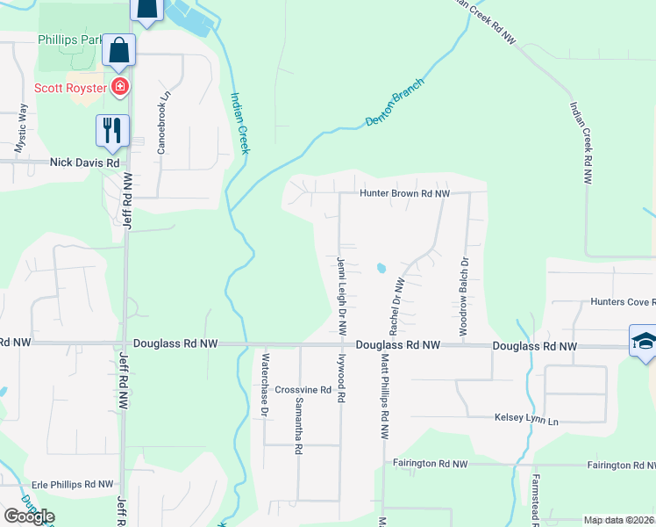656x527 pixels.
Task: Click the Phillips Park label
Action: pyautogui.click(x=68, y=40)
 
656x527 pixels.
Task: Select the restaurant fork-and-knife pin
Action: pyautogui.click(x=112, y=130)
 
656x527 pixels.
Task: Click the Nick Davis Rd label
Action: pyautogui.click(x=84, y=162)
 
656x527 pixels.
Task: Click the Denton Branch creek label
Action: pyautogui.click(x=395, y=105)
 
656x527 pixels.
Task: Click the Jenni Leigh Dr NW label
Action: pyautogui.click(x=341, y=294)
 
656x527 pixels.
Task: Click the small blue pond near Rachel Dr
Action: pyautogui.click(x=381, y=268)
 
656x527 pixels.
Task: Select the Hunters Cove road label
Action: pyautogui.click(x=622, y=302)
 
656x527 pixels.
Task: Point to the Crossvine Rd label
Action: pyautogui.click(x=302, y=389)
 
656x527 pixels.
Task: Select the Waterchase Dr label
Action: pyautogui.click(x=264, y=386)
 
